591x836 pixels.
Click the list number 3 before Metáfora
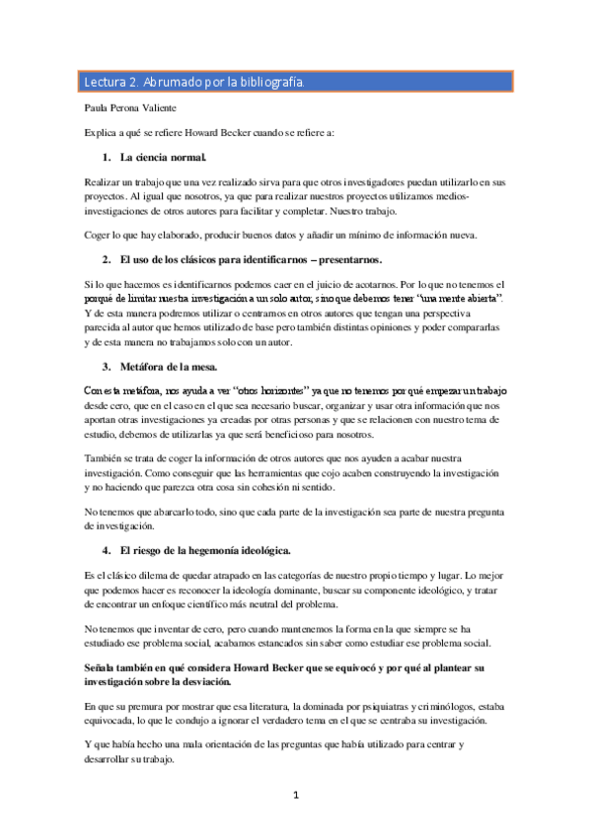click(106, 367)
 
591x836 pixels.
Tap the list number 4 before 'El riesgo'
click(106, 549)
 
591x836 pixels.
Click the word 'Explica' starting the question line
click(101, 132)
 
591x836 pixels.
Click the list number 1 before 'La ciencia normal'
click(106, 158)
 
